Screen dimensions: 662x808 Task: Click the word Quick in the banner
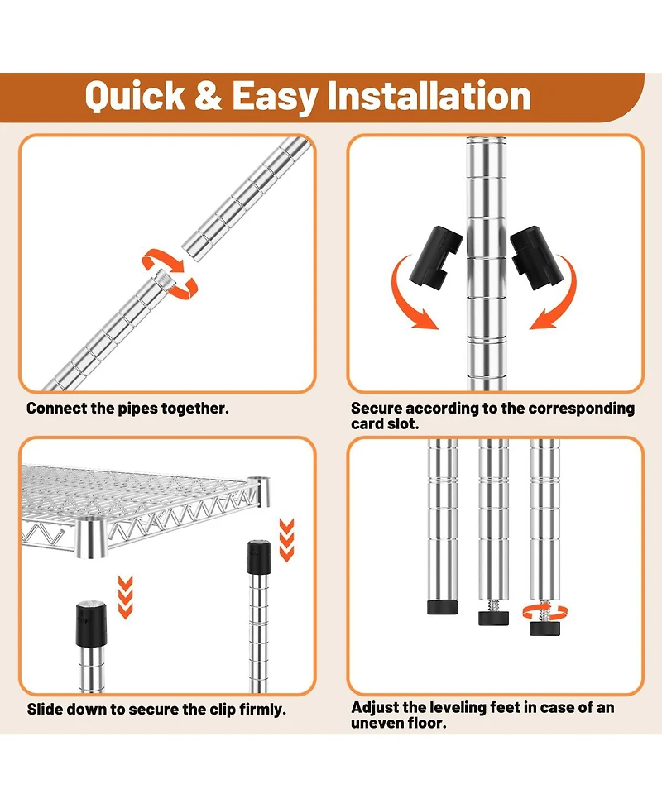click(x=135, y=97)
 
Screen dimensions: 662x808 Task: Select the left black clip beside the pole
click(x=435, y=256)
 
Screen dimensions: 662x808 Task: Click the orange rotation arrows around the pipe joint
click(x=170, y=274)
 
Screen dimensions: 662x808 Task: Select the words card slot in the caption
click(x=385, y=424)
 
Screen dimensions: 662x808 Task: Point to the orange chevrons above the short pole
click(x=125, y=597)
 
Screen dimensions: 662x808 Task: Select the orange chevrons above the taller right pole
click(x=286, y=540)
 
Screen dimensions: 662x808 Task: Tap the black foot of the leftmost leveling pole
click(x=443, y=607)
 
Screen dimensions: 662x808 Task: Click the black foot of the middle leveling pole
click(x=493, y=618)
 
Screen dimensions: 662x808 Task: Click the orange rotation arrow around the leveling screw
click(x=545, y=613)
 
